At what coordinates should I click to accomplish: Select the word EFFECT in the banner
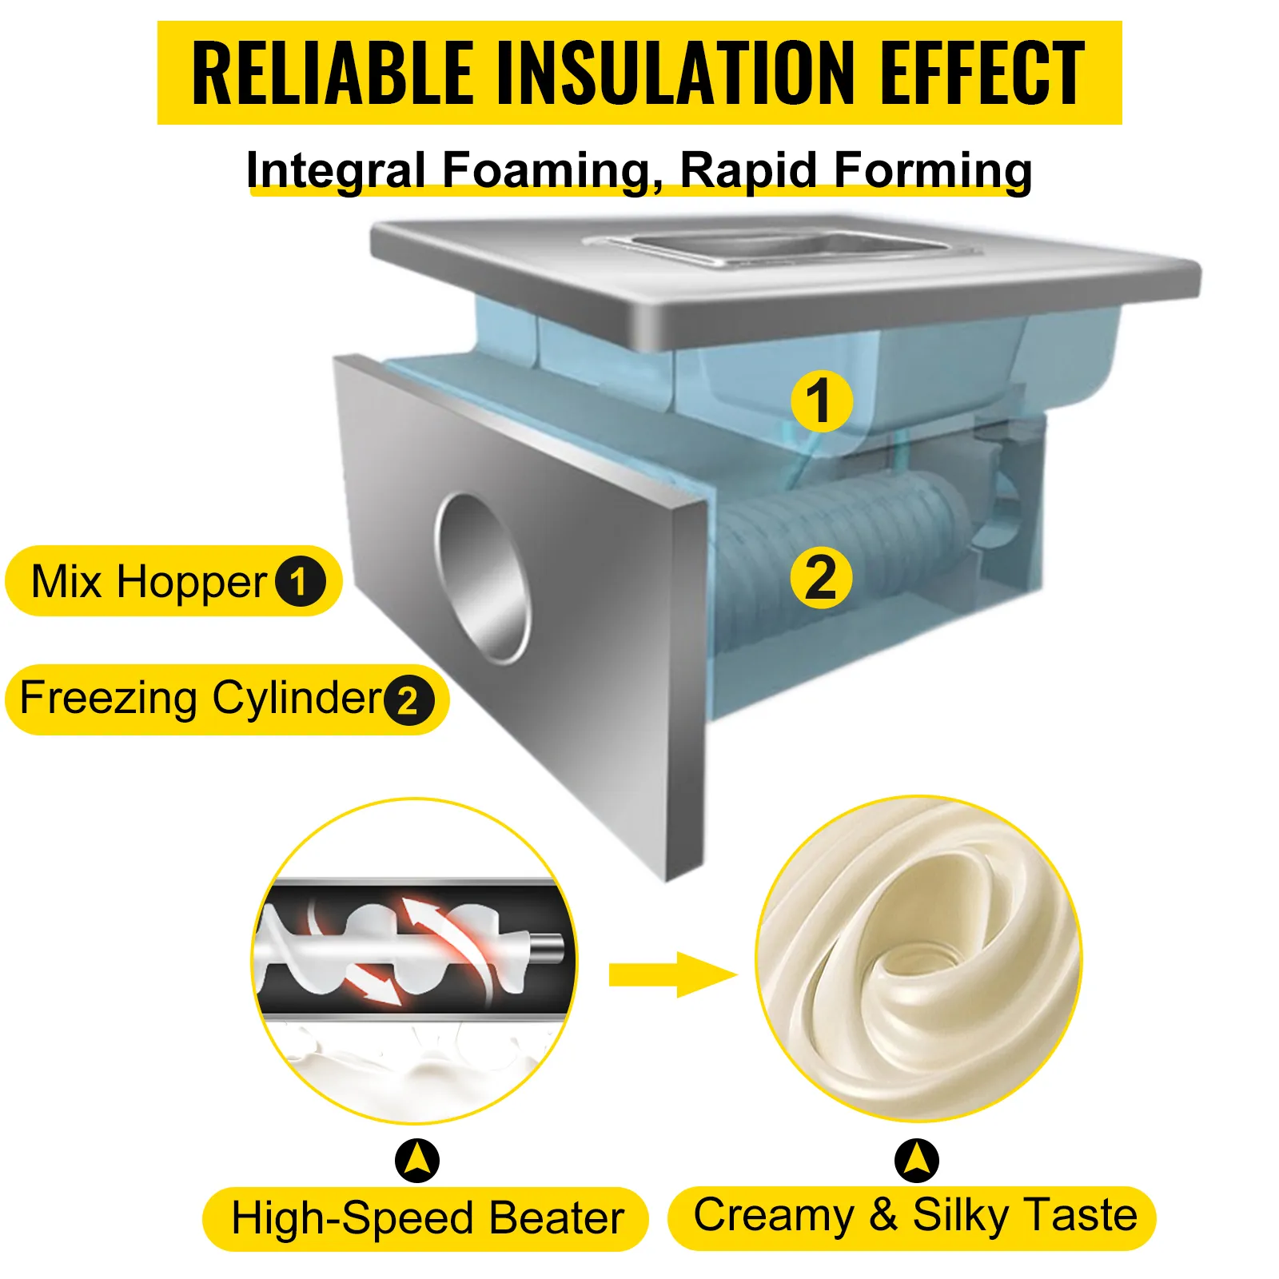click(982, 73)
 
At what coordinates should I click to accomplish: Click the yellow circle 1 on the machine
click(821, 401)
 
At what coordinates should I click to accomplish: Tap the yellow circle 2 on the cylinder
click(821, 577)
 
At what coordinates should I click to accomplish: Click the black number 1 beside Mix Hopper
click(300, 581)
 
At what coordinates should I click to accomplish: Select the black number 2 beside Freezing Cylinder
click(408, 700)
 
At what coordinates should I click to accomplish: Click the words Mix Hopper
click(149, 581)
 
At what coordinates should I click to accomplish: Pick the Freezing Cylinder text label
click(201, 699)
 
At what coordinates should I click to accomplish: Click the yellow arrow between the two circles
click(672, 974)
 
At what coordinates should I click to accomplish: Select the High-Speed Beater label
click(427, 1218)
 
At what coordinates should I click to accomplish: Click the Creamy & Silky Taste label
click(914, 1217)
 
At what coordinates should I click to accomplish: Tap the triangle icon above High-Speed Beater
click(417, 1161)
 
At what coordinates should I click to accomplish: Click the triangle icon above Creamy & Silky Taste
click(917, 1161)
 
